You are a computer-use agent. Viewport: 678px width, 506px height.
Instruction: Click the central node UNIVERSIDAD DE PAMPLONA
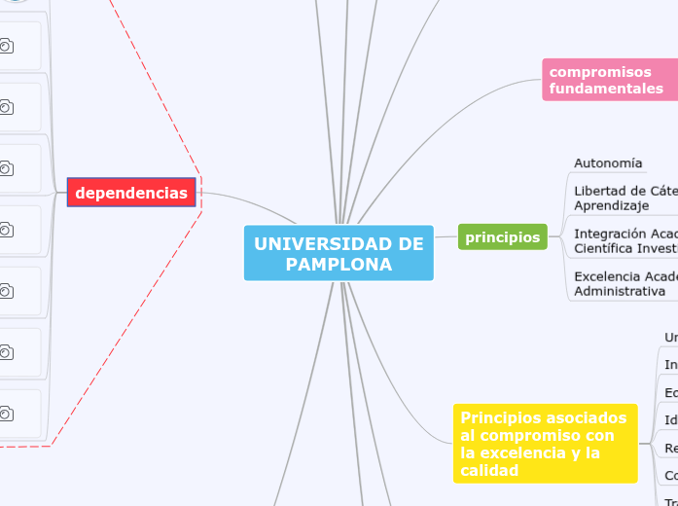coord(339,253)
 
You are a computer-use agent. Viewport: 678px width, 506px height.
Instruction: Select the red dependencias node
coord(131,193)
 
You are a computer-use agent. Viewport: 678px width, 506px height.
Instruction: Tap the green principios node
coord(502,236)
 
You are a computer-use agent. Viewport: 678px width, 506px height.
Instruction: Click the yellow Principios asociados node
coord(545,444)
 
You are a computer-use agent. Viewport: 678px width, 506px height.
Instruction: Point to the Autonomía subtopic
coord(608,163)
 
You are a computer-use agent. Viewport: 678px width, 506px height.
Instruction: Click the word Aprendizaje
coord(611,206)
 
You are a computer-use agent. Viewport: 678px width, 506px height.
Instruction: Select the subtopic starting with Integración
coord(623,240)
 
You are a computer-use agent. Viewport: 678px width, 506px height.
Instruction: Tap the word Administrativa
coord(620,291)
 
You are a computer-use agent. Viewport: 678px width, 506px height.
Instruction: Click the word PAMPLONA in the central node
coord(339,265)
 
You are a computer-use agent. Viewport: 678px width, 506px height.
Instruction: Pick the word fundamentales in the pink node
coord(605,89)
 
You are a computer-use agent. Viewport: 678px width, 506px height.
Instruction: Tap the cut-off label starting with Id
coord(671,420)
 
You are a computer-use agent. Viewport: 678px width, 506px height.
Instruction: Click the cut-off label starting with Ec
coord(671,392)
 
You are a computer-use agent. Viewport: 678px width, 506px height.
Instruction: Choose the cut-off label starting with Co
coord(671,476)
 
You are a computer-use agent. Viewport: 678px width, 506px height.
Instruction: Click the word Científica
coord(606,248)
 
